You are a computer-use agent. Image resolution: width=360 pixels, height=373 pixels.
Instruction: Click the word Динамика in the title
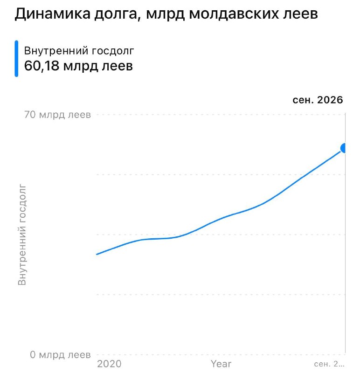click(x=53, y=14)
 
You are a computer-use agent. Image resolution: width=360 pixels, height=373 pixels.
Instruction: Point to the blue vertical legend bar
click(x=16, y=59)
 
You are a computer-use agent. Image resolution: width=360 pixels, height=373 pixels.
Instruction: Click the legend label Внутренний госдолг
click(x=79, y=51)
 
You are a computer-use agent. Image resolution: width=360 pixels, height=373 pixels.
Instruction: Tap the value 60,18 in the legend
click(x=42, y=66)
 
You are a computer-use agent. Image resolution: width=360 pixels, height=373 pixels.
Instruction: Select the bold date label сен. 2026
click(x=318, y=100)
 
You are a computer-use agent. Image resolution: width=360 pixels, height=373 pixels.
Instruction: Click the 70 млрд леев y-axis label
click(x=57, y=115)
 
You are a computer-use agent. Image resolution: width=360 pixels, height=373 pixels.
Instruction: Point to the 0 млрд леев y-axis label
click(x=61, y=355)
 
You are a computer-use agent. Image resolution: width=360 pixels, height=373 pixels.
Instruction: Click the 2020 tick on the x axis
click(x=110, y=364)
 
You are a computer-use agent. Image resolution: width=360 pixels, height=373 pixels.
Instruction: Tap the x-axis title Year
click(x=221, y=364)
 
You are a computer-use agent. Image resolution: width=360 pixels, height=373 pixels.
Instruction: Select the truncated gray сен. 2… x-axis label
click(x=329, y=364)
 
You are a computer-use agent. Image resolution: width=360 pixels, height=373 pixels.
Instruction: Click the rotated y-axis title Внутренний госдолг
click(x=22, y=235)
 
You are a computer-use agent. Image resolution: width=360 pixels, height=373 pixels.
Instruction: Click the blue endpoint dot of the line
click(x=343, y=148)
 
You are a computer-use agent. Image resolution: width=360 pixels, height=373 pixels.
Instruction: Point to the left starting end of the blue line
click(x=97, y=254)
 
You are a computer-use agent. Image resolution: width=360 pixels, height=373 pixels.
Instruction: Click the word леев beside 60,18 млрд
click(x=118, y=66)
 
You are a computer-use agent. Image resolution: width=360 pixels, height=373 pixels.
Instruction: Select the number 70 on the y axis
click(x=30, y=115)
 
